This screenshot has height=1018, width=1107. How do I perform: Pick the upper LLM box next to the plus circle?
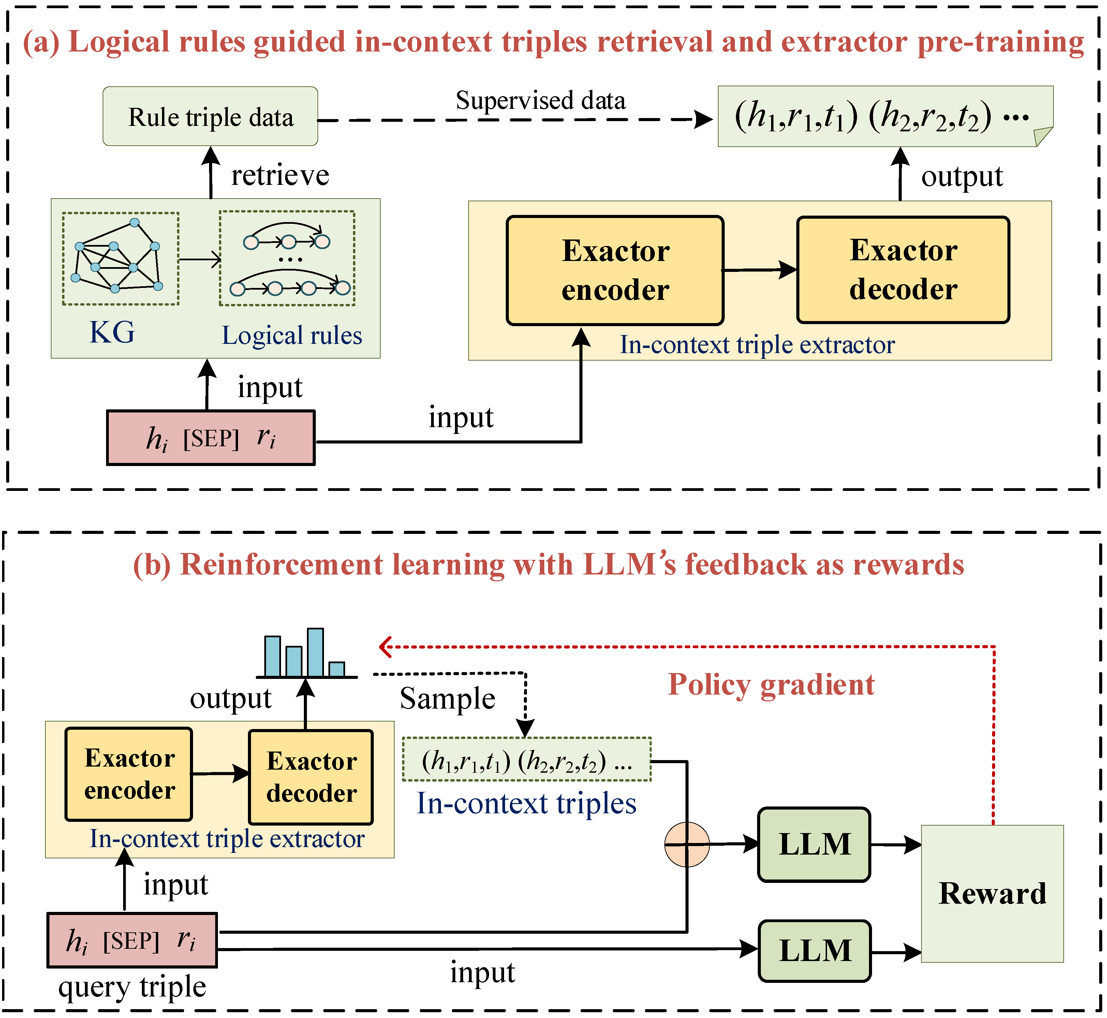(814, 844)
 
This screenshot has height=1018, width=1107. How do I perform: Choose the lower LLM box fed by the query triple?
(814, 950)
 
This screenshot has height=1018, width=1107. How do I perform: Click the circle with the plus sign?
(687, 844)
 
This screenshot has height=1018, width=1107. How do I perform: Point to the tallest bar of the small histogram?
(315, 652)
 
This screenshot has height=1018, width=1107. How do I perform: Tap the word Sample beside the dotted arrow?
(447, 698)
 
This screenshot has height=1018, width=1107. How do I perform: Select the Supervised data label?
(540, 100)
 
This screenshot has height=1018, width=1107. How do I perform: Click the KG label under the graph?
(112, 332)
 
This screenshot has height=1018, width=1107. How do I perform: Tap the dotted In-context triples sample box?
(527, 760)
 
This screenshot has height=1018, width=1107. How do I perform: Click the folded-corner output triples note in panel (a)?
(885, 116)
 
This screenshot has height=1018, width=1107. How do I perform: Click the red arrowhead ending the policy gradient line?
(385, 647)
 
